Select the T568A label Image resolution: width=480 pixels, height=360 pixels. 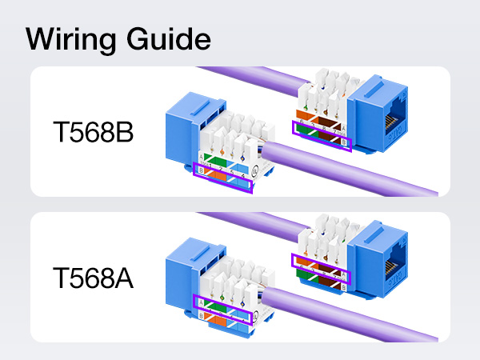94,280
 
